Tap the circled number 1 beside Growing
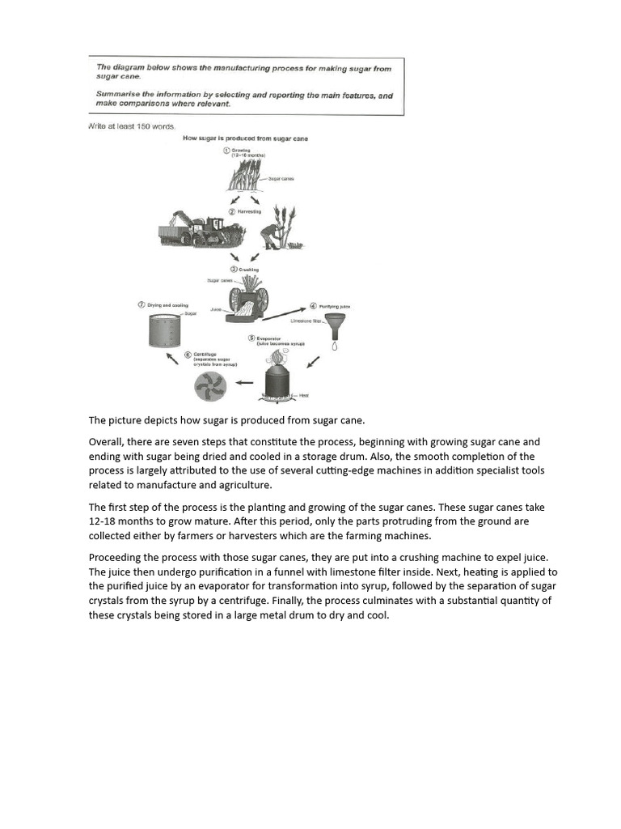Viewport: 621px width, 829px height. tap(226, 150)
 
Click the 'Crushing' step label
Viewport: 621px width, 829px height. tap(248, 269)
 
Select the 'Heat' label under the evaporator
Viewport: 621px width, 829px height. tap(304, 395)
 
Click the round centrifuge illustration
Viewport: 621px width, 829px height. tap(210, 386)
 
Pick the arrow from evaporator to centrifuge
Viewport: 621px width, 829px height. tap(243, 383)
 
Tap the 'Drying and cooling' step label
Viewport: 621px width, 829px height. tap(167, 305)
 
